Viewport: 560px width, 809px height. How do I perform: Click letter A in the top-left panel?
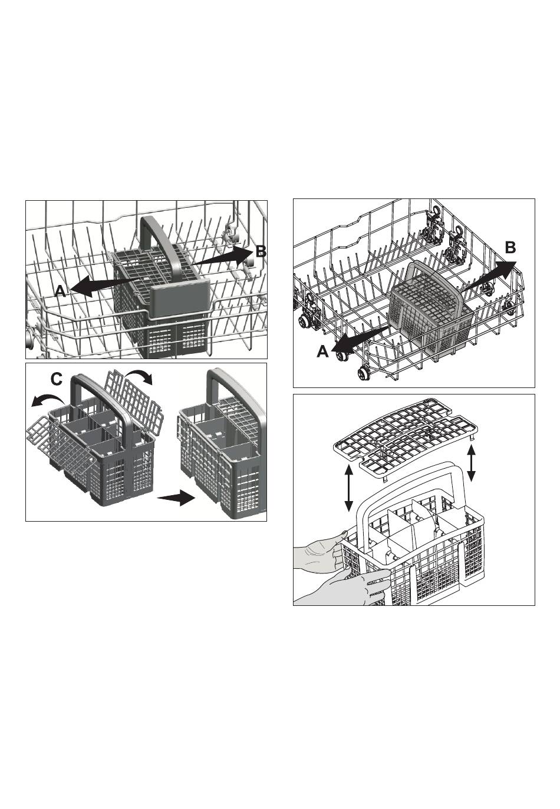(x=60, y=290)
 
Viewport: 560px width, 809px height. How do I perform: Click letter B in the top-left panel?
(x=261, y=251)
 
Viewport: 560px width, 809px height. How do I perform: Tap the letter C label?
(x=57, y=379)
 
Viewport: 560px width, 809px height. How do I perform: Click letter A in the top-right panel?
(x=323, y=351)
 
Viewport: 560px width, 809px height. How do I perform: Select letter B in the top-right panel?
(x=510, y=248)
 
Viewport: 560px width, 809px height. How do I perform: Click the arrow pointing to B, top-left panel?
(x=222, y=257)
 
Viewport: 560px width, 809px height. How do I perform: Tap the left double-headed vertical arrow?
(x=348, y=488)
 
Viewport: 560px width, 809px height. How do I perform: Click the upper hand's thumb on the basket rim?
(x=340, y=534)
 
